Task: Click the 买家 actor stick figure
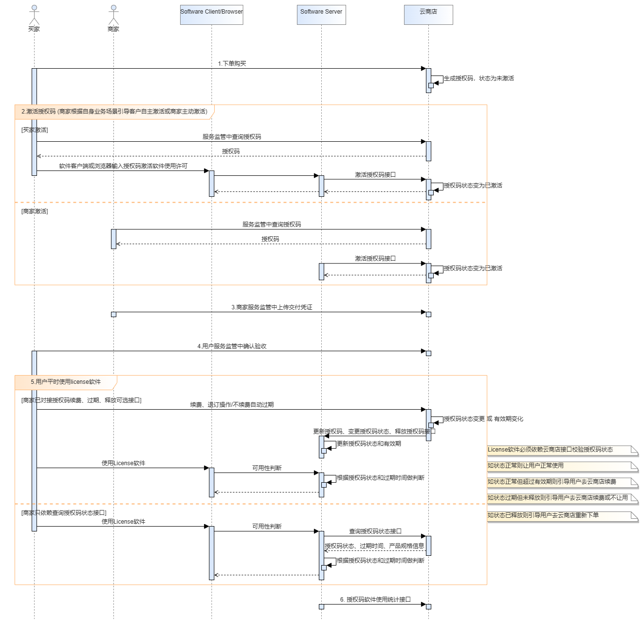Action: pos(34,15)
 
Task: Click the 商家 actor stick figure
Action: pos(113,15)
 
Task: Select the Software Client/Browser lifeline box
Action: pos(211,15)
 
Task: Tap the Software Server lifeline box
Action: pos(321,15)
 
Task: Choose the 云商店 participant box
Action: pos(428,15)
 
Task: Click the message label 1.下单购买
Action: pos(232,64)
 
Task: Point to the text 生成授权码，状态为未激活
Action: pos(479,78)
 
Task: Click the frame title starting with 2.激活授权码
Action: pos(114,112)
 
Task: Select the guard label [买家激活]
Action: pos(35,130)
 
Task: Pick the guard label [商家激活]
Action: pos(35,211)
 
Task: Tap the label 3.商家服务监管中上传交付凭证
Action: pos(272,307)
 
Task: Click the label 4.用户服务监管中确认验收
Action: pos(232,346)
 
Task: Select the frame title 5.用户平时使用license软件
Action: pos(66,382)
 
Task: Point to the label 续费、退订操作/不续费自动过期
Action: pos(232,405)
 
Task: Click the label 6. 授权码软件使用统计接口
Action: pos(375,600)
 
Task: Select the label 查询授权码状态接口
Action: pos(375,531)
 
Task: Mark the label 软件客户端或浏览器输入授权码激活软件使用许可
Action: pos(123,166)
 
